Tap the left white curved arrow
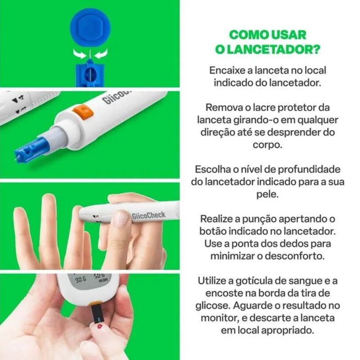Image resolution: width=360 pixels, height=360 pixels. coord(80,54)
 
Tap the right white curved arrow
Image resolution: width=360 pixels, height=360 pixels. coord(101,54)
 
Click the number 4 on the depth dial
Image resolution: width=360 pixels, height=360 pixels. coord(21,98)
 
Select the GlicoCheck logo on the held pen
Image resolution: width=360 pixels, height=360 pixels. coord(148,216)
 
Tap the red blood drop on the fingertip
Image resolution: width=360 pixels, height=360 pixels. coord(99,326)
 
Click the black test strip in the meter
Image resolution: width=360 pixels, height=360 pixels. coord(97,314)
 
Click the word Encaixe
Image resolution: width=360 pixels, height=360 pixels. coord(227,70)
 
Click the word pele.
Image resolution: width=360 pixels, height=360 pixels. coord(267,195)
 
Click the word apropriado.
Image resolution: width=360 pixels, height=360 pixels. coord(288,331)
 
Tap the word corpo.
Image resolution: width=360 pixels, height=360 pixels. coord(267,145)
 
